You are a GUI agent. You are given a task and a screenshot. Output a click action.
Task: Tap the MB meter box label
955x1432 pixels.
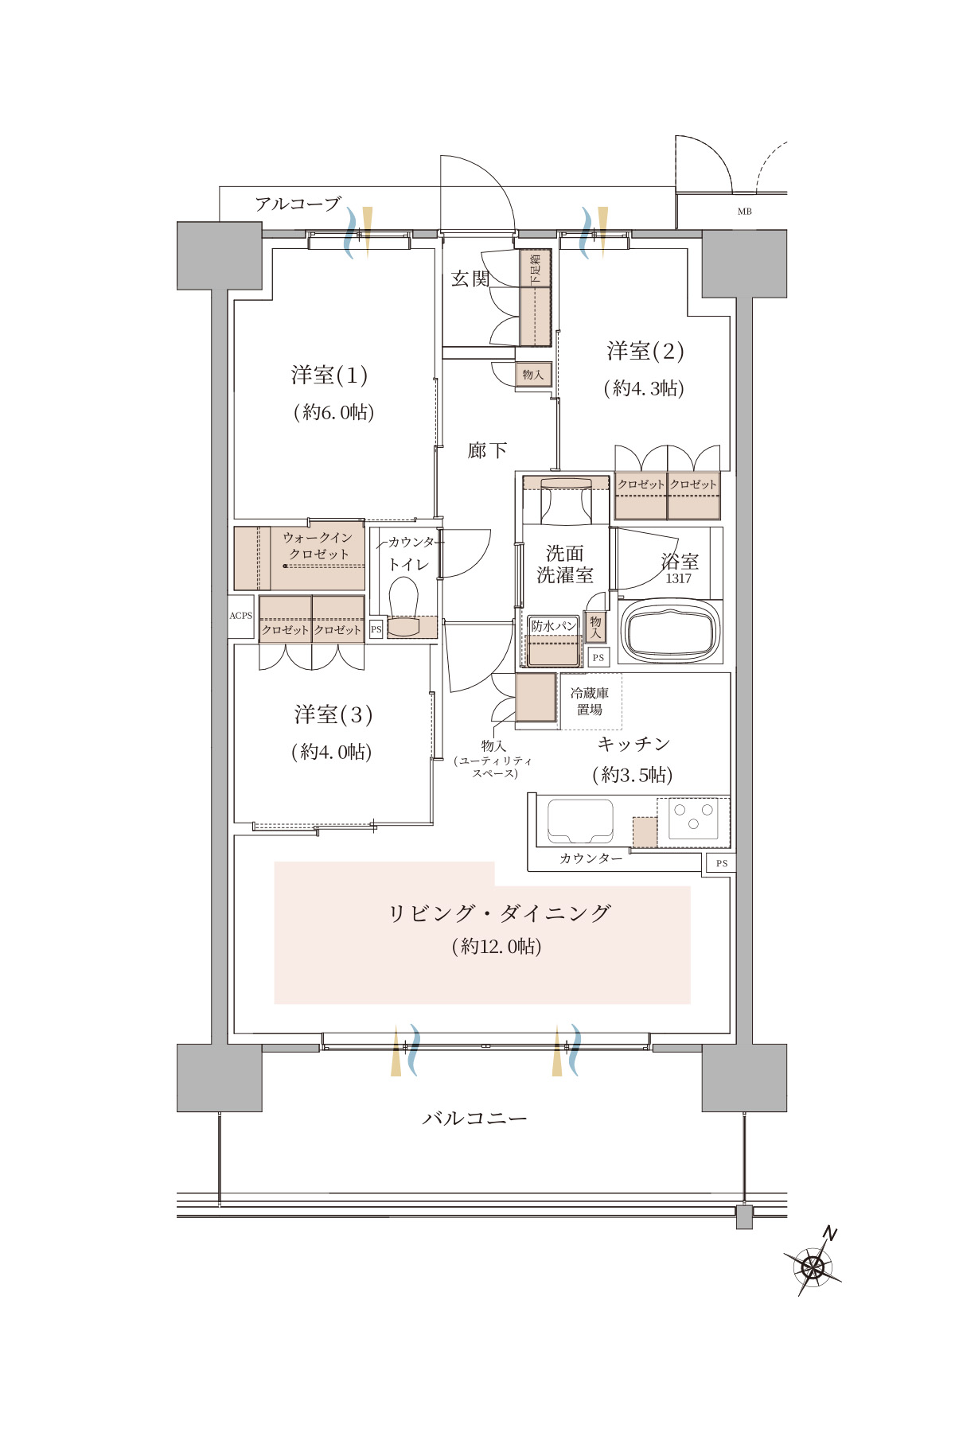tap(744, 212)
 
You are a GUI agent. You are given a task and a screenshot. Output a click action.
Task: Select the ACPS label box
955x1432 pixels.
tap(241, 616)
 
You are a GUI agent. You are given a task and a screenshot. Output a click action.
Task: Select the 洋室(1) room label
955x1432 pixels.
tap(329, 375)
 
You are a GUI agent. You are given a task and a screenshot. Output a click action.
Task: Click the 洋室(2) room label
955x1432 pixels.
tap(645, 350)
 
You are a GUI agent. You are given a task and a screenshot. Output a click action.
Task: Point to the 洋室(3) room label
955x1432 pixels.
tap(333, 714)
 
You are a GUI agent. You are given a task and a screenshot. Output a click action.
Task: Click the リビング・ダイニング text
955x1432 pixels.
tap(499, 913)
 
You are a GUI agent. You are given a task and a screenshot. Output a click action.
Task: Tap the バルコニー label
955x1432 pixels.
tap(474, 1119)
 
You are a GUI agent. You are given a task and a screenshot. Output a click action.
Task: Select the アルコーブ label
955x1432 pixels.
tap(298, 204)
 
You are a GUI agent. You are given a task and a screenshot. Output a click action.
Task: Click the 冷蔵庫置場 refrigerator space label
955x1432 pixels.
tap(590, 701)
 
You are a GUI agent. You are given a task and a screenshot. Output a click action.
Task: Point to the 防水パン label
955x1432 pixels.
tap(554, 626)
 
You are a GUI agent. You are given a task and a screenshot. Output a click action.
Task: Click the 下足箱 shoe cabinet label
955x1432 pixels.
tap(536, 269)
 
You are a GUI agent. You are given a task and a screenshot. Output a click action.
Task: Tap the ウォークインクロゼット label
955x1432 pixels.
tap(318, 546)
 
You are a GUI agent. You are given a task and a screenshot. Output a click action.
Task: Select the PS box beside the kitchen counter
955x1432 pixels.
tap(721, 863)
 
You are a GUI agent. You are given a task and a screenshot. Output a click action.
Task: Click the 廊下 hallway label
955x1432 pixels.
tap(487, 450)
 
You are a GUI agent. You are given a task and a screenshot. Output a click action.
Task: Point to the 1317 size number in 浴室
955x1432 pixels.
tap(679, 579)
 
